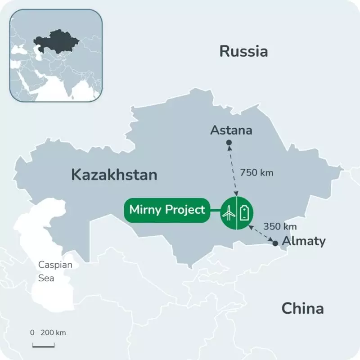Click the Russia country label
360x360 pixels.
tap(243, 51)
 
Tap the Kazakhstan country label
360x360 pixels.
tap(114, 175)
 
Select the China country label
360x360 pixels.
tap(302, 309)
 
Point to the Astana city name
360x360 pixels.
tap(231, 130)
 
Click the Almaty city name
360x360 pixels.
tap(303, 241)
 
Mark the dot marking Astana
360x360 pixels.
tap(229, 143)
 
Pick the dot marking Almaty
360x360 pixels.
tap(275, 243)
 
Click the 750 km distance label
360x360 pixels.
tap(256, 172)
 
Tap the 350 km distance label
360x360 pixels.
tap(280, 226)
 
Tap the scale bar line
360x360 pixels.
tap(43, 346)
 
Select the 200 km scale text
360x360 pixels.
tap(53, 333)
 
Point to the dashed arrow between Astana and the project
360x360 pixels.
tap(233, 170)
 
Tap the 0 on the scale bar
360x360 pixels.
tap(32, 333)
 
